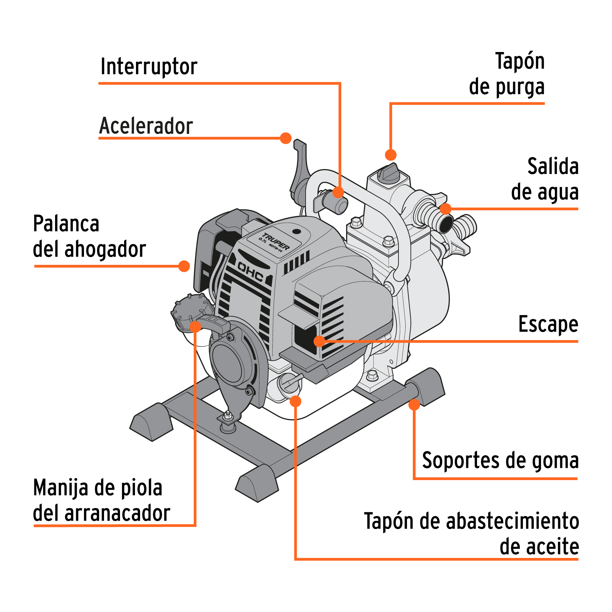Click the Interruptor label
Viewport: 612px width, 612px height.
coord(149,67)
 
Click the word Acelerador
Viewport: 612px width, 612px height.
coord(146,126)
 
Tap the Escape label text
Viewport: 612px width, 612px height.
coord(548,324)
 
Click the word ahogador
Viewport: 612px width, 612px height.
coord(105,249)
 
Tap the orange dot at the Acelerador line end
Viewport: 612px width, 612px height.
coord(286,138)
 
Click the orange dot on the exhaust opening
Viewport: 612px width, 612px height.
coord(320,341)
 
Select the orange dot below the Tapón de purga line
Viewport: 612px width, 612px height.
coord(391,155)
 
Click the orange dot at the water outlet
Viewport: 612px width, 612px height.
coord(445,209)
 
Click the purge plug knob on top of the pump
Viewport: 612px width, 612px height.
coord(388,173)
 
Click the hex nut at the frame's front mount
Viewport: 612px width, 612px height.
coord(228,415)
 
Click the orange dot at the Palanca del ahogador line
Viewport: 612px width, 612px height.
coord(184,266)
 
